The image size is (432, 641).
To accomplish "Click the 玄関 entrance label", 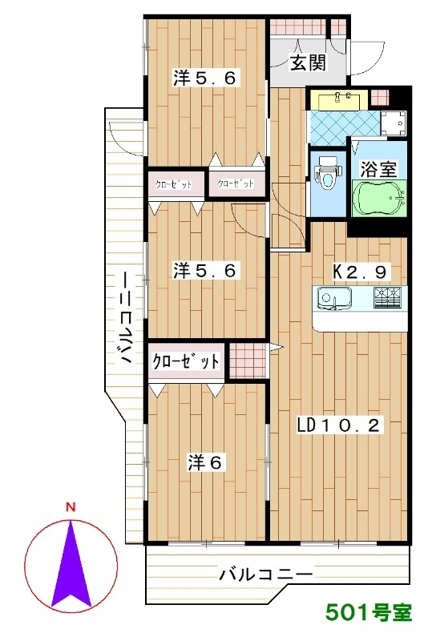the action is pos(308,62).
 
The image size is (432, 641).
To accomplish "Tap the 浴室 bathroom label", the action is pos(379,169).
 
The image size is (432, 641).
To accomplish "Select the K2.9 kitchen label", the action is pos(360,272).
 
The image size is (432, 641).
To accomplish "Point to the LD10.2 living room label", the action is pos(339,426).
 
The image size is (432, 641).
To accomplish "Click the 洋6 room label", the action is pos(204,462).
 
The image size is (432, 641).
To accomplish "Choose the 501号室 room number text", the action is pos(369,613).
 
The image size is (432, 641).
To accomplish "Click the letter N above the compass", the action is pos(71,507).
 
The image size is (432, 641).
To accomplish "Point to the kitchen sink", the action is pos(335,298).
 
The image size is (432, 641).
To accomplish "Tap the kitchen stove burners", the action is pos(388,297).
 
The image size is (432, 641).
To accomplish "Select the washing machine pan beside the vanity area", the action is pos(394,123).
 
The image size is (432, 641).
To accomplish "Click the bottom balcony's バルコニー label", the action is pos(265,574).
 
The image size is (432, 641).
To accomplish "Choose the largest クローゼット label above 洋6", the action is pos(186,361).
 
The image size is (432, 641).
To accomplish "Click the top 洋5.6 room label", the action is pos(204,78).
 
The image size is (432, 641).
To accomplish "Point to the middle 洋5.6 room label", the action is pos(204,270).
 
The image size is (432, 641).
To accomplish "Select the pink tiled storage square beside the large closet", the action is pos(248,361).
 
